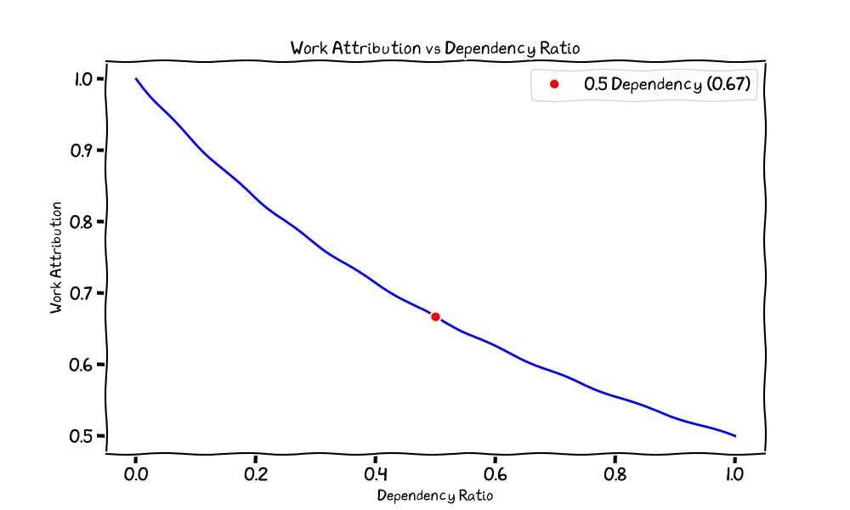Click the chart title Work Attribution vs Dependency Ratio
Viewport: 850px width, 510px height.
click(x=434, y=48)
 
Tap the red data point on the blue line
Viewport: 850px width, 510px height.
click(x=435, y=317)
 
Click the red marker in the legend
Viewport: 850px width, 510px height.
click(x=554, y=84)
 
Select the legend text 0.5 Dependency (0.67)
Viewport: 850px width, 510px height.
click(x=667, y=84)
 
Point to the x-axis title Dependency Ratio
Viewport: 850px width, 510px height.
click(x=434, y=496)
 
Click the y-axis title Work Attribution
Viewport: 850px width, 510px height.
click(x=56, y=258)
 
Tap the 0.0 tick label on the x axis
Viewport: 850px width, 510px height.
click(x=135, y=474)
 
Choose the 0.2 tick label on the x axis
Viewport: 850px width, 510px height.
click(x=255, y=474)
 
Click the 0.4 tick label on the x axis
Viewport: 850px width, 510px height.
click(x=375, y=474)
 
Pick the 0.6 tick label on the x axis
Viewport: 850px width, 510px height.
click(x=495, y=474)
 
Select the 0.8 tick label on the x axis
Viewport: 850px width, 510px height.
click(x=615, y=474)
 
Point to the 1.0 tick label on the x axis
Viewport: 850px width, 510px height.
click(x=734, y=474)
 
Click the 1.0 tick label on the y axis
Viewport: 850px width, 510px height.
click(x=84, y=79)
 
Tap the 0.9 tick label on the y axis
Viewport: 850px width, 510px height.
click(x=82, y=150)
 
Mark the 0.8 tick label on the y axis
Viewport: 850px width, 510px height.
click(x=82, y=222)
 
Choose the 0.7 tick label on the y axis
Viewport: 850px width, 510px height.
click(x=82, y=294)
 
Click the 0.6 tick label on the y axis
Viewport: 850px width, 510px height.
click(x=82, y=365)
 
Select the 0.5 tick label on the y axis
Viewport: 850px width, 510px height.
click(x=82, y=436)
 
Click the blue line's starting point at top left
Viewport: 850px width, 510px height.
click(x=136, y=78)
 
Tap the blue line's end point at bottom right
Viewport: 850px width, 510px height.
click(x=735, y=436)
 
